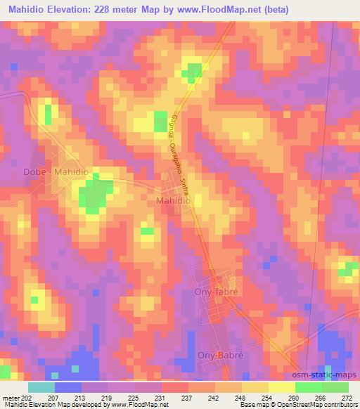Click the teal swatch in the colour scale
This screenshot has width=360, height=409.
[x=41, y=387]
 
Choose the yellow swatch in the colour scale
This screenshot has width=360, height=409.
[x=281, y=387]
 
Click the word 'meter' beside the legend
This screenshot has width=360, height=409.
[x=10, y=398]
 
